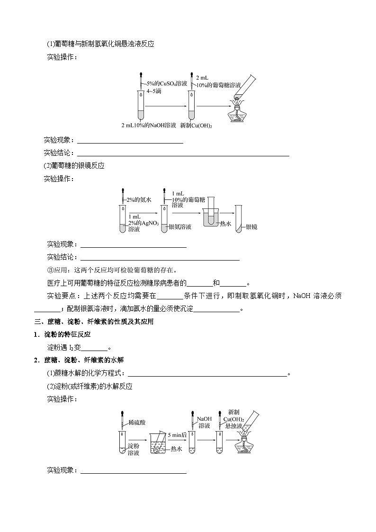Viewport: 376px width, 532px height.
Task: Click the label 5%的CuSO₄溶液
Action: tap(168, 83)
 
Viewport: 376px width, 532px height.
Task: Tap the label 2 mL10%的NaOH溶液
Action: tap(148, 126)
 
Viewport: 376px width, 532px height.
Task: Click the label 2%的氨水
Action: tap(139, 200)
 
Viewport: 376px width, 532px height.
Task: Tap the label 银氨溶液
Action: tap(180, 227)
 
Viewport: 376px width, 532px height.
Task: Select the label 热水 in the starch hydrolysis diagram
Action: tap(177, 449)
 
